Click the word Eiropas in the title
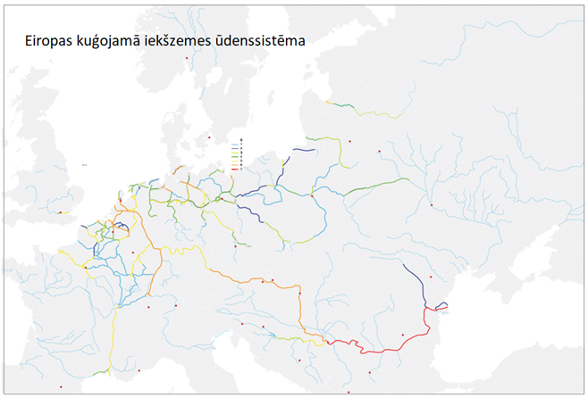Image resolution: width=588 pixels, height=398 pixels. (x=53, y=42)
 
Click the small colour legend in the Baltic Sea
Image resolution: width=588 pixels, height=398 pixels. (x=237, y=153)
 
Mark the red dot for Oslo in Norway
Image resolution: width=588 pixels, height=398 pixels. (x=187, y=59)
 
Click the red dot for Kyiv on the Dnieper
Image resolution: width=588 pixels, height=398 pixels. (x=431, y=206)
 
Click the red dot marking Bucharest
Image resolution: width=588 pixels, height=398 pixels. (x=403, y=336)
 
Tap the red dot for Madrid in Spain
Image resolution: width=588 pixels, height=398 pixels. (x=60, y=386)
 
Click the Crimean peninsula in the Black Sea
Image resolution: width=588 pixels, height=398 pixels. (x=509, y=308)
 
